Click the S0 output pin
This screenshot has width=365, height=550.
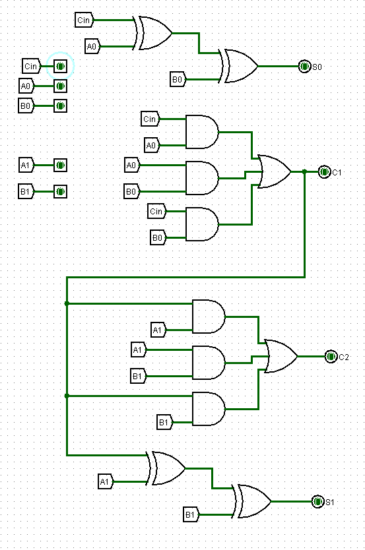[304, 66]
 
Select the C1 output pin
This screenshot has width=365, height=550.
[324, 171]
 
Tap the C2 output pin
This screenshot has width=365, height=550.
[331, 356]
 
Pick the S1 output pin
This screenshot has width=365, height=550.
[317, 501]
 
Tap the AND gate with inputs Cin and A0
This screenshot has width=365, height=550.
[202, 132]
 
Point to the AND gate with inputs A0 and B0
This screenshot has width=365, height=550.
[202, 178]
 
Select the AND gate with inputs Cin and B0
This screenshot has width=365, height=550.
[202, 224]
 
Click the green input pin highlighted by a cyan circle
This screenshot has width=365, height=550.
[60, 66]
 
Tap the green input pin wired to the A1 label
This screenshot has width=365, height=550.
[60, 165]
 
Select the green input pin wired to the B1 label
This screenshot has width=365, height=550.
[60, 191]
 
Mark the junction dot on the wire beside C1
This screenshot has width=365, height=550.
[304, 171]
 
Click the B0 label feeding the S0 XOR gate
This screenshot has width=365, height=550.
[177, 79]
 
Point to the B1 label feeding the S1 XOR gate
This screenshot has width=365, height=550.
[190, 514]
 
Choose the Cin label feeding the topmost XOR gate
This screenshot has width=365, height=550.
[84, 20]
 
